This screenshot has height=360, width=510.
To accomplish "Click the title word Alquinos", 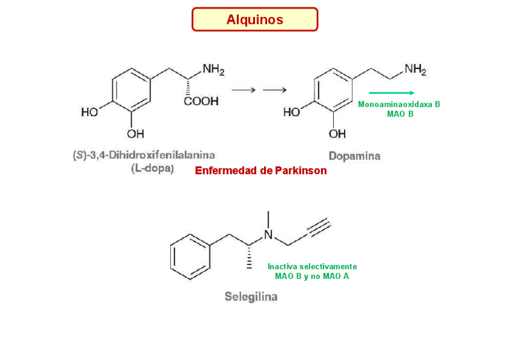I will (x=254, y=20).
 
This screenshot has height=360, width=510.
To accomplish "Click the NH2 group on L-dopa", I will (x=213, y=70).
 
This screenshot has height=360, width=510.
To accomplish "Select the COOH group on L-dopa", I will (x=201, y=102).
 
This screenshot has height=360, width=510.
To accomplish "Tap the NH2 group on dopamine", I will (x=414, y=69).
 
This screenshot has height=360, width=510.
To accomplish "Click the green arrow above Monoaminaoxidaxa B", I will (x=392, y=93).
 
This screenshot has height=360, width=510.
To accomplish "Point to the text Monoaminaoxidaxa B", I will (x=399, y=104).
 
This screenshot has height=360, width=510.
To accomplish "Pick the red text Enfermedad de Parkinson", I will (x=261, y=171).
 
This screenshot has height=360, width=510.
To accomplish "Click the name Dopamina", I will (x=354, y=156).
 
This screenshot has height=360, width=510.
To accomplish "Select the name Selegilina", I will (x=251, y=297).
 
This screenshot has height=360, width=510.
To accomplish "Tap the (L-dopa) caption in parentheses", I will (x=152, y=168).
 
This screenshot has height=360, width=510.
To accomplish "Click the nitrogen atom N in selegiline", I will (x=269, y=235).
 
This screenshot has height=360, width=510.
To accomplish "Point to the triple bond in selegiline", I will (x=319, y=228).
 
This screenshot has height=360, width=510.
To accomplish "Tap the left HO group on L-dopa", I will (x=90, y=112).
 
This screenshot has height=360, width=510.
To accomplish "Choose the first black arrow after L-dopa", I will (x=244, y=90).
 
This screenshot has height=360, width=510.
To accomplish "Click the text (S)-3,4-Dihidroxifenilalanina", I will (x=144, y=156).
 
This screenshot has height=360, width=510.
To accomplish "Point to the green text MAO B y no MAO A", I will (x=312, y=276).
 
